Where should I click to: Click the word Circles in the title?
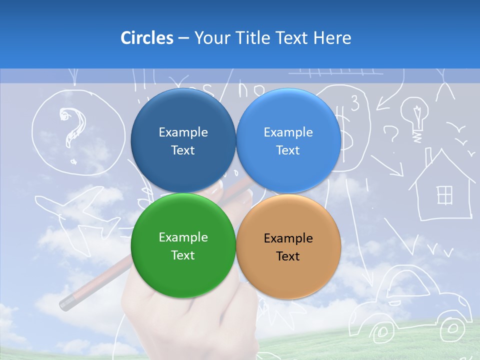pyautogui.click(x=146, y=38)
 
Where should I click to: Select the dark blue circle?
pyautogui.click(x=183, y=140)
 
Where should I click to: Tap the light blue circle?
pyautogui.click(x=288, y=140)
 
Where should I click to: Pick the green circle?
pyautogui.click(x=183, y=245)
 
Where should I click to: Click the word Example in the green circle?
pyautogui.click(x=183, y=237)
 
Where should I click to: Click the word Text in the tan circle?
pyautogui.click(x=288, y=256)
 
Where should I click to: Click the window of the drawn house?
pyautogui.click(x=444, y=195)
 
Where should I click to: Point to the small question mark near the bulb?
pyautogui.click(x=391, y=134)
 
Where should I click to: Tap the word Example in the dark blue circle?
pyautogui.click(x=183, y=132)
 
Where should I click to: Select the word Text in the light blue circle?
pyautogui.click(x=288, y=150)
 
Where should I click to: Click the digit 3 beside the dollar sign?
pyautogui.click(x=355, y=103)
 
